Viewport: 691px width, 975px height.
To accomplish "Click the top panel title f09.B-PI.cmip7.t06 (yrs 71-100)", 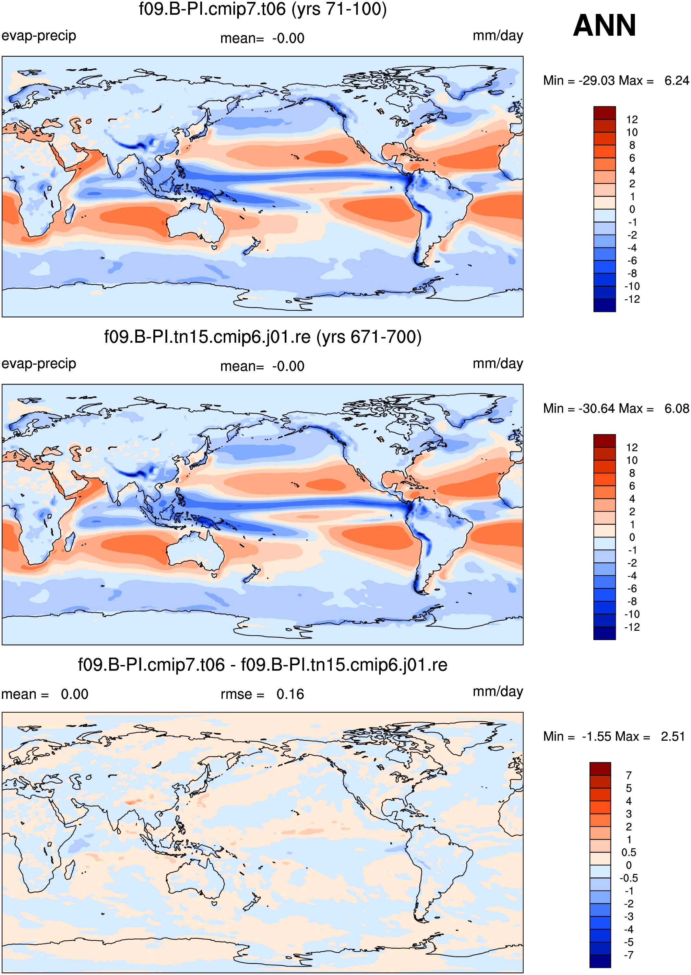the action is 263,9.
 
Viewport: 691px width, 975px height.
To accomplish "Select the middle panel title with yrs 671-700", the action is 263,337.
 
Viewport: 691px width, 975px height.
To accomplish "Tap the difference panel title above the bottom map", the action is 263,665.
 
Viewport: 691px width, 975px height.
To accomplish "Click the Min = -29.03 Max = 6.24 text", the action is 616,81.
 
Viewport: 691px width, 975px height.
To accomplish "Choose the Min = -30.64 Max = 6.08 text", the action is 616,409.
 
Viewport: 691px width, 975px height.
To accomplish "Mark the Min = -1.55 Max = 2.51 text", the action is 614,737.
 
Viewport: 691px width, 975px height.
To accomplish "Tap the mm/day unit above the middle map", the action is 498,364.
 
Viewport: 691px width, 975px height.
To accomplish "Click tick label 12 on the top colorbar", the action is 632,120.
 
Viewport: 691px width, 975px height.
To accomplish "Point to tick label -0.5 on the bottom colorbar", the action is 628,878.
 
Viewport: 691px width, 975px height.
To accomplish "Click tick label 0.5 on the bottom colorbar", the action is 629,853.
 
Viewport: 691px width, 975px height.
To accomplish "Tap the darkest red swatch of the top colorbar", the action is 605,113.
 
